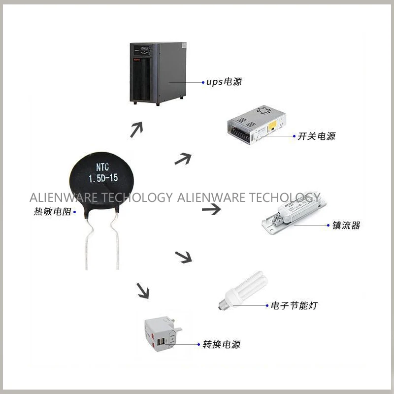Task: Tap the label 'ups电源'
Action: (x=224, y=82)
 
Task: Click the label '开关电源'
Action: (x=316, y=136)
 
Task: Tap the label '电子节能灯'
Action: (x=294, y=306)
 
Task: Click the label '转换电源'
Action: (x=222, y=345)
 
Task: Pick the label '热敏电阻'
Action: (x=52, y=212)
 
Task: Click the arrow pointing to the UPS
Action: (x=136, y=130)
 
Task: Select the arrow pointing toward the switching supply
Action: (x=182, y=159)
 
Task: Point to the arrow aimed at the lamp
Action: (x=183, y=256)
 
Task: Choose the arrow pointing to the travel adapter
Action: (x=142, y=291)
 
